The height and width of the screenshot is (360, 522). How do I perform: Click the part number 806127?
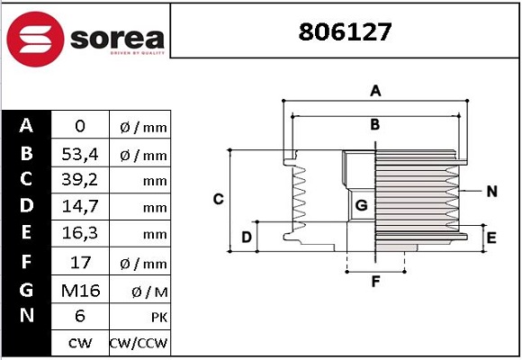[x=345, y=32]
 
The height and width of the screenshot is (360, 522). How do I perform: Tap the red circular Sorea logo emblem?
[x=35, y=39]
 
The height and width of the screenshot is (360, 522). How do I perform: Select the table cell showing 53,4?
[x=80, y=154]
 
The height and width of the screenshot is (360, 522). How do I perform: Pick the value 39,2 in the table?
[x=80, y=180]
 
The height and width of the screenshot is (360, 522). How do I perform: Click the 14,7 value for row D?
[x=80, y=206]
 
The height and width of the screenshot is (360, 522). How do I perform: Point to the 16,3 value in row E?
[x=80, y=233]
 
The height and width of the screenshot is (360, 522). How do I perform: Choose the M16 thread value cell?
[x=81, y=291]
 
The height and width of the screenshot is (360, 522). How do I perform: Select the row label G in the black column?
[x=26, y=290]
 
